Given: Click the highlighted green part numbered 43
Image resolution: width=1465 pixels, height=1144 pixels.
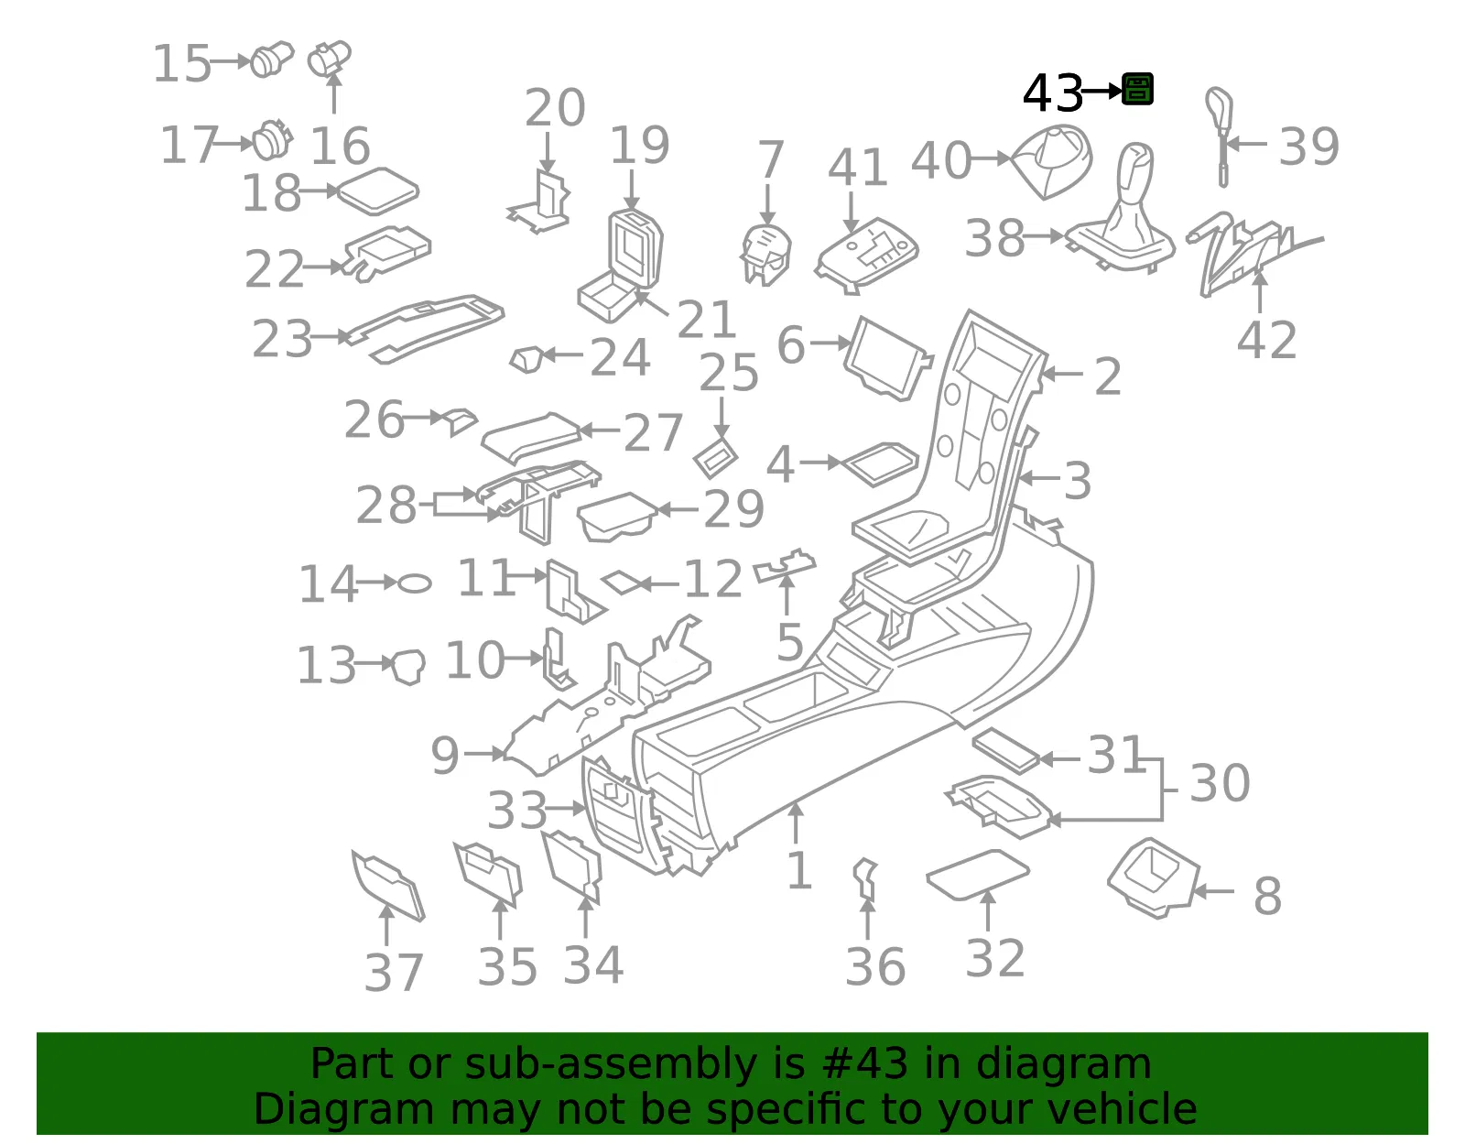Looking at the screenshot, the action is click(1137, 90).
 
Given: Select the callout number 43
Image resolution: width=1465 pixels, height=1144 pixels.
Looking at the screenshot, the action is click(1052, 93).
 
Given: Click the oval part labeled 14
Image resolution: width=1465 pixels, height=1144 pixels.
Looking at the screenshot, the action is click(414, 583).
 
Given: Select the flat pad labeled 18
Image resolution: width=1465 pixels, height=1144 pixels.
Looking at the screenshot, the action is click(377, 191).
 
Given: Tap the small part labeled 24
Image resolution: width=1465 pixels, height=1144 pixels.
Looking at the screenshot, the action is click(526, 359).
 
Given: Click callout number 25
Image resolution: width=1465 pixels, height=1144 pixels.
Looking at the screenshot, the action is click(728, 374).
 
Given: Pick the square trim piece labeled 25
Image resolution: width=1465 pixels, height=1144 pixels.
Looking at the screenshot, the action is click(715, 458).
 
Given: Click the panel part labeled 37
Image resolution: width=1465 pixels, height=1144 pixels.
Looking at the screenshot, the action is click(387, 885).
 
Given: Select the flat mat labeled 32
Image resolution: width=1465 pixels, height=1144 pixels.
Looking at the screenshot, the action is click(978, 875).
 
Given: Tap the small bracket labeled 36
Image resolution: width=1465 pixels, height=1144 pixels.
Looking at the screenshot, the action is click(865, 879).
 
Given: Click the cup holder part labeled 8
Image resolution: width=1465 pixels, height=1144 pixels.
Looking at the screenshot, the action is click(1153, 877).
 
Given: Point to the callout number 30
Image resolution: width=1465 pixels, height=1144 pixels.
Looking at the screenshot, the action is click(1220, 783).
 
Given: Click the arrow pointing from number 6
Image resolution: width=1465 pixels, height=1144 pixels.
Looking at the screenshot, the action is click(830, 343).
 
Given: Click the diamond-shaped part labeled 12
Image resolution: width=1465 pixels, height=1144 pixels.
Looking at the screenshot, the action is click(623, 583).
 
